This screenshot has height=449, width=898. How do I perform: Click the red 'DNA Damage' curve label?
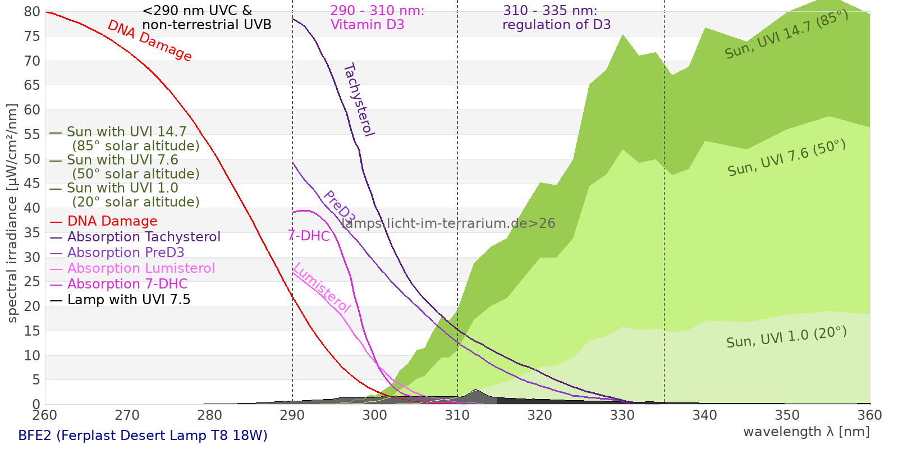click(149, 40)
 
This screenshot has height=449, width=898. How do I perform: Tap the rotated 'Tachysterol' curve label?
click(358, 100)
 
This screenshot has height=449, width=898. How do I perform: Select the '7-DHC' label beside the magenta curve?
click(308, 236)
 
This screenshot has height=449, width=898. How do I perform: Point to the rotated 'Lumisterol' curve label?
click(322, 287)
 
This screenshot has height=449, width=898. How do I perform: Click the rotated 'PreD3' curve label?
click(339, 208)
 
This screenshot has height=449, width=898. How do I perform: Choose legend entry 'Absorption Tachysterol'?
click(143, 237)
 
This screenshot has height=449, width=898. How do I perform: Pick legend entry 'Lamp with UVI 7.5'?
click(129, 300)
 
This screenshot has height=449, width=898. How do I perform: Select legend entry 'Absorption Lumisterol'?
click(141, 268)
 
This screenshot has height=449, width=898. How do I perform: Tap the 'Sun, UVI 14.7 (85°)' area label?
click(786, 34)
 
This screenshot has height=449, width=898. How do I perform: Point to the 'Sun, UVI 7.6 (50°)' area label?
click(786, 158)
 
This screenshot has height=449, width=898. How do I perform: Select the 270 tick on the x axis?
click(127, 415)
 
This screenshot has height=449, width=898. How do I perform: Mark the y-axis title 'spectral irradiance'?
click(12, 213)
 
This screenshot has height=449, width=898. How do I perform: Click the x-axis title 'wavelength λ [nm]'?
click(806, 432)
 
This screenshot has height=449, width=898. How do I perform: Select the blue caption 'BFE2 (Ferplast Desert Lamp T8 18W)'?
click(143, 436)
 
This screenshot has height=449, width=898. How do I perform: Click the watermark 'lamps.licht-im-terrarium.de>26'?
click(448, 223)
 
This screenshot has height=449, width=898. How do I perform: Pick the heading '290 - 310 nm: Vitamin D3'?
click(377, 18)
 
